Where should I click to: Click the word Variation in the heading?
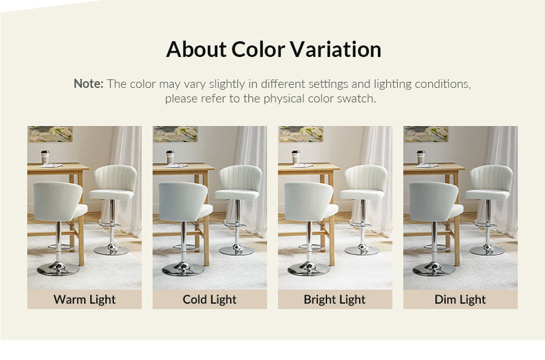335,49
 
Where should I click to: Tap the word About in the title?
196,49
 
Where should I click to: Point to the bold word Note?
88,84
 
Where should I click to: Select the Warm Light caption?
84,300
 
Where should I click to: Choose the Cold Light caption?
210,300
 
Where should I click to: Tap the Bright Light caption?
335,300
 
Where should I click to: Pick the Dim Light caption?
460,300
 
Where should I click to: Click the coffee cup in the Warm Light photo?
45,157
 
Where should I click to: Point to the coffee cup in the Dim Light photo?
421,157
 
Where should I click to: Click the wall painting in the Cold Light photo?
176,134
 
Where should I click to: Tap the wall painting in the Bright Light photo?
301,134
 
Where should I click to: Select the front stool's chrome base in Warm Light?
58,268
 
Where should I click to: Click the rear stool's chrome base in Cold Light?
236,250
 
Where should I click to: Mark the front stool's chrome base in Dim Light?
434,268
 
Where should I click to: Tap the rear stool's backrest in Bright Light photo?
366,178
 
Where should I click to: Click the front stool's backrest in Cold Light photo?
182,202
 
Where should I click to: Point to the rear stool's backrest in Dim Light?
492,178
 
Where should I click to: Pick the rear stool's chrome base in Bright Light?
362,250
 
